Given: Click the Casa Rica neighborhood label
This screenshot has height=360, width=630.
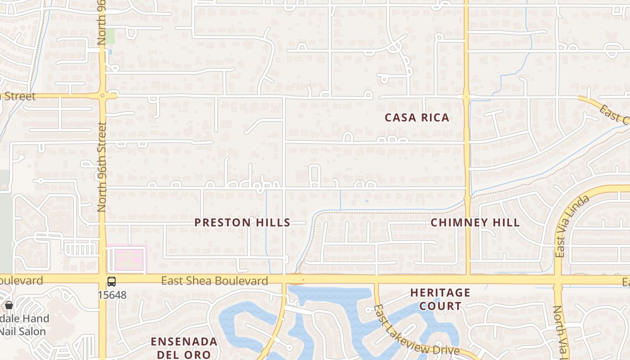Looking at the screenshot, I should pos(417,118).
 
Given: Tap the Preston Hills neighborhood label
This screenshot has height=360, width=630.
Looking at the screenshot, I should pos(242,222).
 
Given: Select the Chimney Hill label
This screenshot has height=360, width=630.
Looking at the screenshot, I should pos(475,222).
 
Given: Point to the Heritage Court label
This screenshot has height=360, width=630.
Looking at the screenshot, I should pos(440,299).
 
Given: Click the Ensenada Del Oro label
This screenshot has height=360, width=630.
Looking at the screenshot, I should pos(184,347).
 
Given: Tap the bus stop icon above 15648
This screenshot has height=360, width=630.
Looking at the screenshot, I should pos(112,282).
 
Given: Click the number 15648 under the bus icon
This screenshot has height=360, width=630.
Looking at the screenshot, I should pos(112,296).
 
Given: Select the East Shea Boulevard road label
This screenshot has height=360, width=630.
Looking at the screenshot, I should pos(215,281).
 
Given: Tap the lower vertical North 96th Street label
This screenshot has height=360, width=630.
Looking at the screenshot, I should pos(102,166).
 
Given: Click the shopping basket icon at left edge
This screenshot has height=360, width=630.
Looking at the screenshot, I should pos(9,305).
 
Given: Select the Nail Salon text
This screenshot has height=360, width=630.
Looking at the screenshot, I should pos(22,332).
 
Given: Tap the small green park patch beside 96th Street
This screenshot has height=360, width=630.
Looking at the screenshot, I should pos(110,36).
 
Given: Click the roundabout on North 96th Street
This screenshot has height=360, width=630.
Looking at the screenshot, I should pos(103,95).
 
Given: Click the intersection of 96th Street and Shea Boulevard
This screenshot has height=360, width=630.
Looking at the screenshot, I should pos(102,279).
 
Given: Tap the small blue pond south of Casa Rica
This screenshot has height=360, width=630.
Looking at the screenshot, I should pos(367,201).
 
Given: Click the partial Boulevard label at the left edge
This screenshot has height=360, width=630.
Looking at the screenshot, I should pos(21,280).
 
